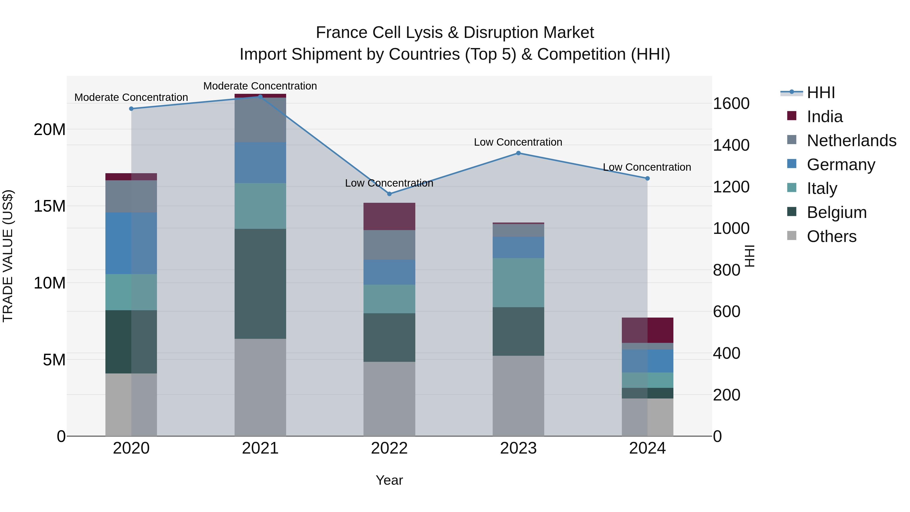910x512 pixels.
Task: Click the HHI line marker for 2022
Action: (389, 194)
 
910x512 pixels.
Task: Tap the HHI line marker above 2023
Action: (518, 153)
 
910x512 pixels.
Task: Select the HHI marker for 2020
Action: (131, 108)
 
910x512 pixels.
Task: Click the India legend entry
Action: (825, 117)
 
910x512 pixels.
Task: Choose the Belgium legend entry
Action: (836, 212)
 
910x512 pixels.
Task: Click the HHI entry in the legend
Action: (821, 93)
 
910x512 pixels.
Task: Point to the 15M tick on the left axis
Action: (50, 206)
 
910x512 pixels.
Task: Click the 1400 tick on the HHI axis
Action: (731, 145)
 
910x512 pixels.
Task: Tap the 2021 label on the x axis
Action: (260, 448)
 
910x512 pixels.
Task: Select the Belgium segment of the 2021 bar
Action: (260, 284)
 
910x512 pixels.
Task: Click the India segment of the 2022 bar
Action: (389, 216)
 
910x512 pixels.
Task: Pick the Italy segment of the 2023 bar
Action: (518, 282)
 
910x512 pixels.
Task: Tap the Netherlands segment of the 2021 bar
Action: (260, 120)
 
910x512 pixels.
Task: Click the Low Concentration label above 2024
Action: (647, 167)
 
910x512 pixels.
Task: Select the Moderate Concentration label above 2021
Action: (260, 86)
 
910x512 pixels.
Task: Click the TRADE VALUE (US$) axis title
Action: (8, 256)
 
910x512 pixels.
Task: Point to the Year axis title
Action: (389, 480)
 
